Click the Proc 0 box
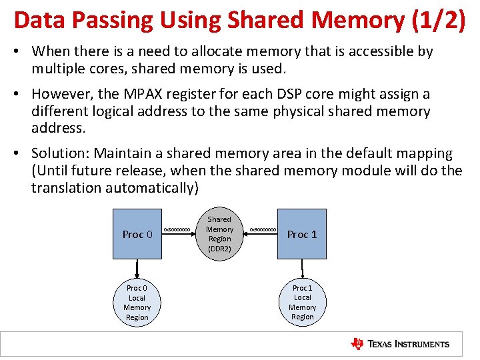(x=137, y=234)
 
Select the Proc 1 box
(x=302, y=234)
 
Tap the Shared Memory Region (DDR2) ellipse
(x=219, y=234)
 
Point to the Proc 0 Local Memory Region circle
(x=137, y=303)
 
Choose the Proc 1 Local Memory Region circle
(x=302, y=302)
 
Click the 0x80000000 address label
(x=178, y=230)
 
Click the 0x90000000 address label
(x=263, y=230)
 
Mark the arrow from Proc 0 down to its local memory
(x=137, y=268)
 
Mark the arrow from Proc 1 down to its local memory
(x=302, y=268)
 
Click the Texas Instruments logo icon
(x=357, y=344)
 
